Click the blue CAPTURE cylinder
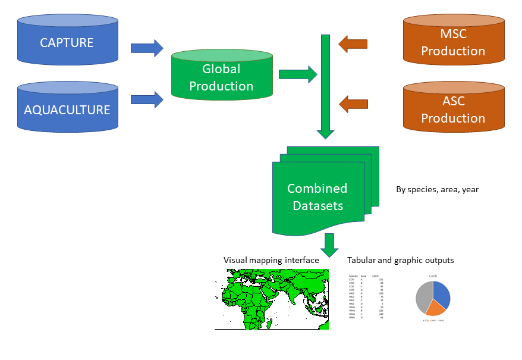tap(67, 43)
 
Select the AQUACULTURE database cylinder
tap(67, 110)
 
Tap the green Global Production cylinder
tap(221, 77)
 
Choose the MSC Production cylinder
tap(453, 42)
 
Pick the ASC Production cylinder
tap(453, 109)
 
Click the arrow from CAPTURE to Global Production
tap(146, 48)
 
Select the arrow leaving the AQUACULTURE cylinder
tap(146, 99)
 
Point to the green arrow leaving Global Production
tap(298, 74)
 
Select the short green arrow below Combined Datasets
tap(329, 243)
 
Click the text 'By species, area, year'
tap(437, 190)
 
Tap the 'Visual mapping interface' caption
tap(271, 260)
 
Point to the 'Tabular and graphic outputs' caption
tap(401, 260)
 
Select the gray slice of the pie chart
tap(422, 298)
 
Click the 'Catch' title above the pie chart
tap(433, 276)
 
